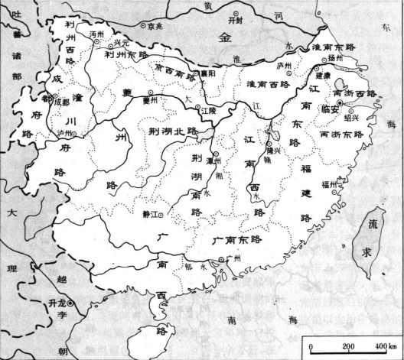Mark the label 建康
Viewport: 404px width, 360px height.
pos(323,76)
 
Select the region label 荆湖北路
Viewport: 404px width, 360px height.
pos(178,131)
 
